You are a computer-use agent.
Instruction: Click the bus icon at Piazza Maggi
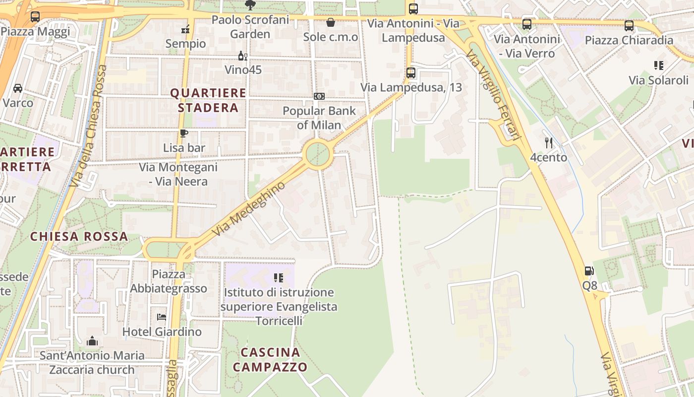pyautogui.click(x=35, y=16)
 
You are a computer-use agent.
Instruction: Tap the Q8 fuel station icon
pyautogui.click(x=589, y=271)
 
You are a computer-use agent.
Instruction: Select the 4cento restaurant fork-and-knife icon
pyautogui.click(x=548, y=143)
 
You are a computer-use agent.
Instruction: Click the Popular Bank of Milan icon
pyautogui.click(x=319, y=96)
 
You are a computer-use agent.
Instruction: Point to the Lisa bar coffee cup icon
pyautogui.click(x=184, y=133)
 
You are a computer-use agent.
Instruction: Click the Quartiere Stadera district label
pyautogui.click(x=208, y=100)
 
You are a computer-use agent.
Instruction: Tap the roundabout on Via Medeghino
pyautogui.click(x=317, y=155)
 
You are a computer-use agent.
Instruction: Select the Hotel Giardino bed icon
pyautogui.click(x=162, y=317)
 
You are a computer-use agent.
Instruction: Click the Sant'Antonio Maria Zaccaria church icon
pyautogui.click(x=92, y=341)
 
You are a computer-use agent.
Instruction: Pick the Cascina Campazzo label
pyautogui.click(x=270, y=360)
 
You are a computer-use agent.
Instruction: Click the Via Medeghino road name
pyautogui.click(x=249, y=208)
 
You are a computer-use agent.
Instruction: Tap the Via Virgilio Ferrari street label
pyautogui.click(x=494, y=97)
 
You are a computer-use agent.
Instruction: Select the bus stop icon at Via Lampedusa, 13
pyautogui.click(x=410, y=73)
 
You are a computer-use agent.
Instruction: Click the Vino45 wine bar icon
pyautogui.click(x=243, y=56)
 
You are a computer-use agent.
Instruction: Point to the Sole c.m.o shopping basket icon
pyautogui.click(x=330, y=22)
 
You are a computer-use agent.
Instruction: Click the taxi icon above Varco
pyautogui.click(x=18, y=88)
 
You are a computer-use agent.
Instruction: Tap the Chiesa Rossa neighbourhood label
pyautogui.click(x=79, y=237)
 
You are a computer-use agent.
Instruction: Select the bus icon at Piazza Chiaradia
pyautogui.click(x=629, y=26)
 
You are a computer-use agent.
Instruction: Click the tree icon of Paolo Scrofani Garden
pyautogui.click(x=250, y=5)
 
